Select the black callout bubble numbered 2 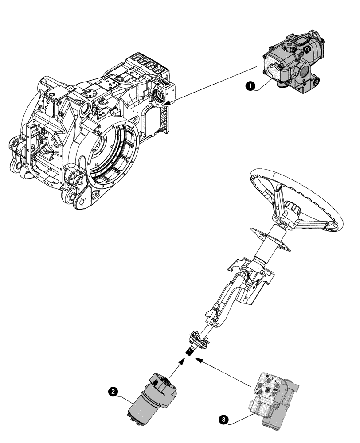coord(113,391)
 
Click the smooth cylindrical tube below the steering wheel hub coord(270,250)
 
